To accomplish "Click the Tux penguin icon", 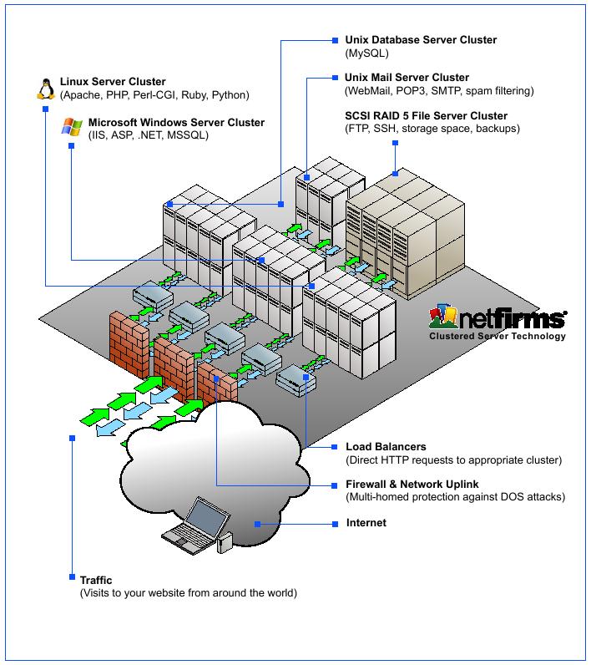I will tap(44, 88).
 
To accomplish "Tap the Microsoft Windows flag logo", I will tap(73, 128).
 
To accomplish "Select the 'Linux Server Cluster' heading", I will tap(113, 82).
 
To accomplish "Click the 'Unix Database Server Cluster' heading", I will tap(421, 39).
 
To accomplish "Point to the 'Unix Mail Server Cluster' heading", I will tap(407, 78).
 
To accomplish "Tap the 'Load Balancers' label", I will tap(386, 447).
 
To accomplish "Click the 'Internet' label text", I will tap(366, 523).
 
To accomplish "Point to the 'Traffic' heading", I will tap(96, 580).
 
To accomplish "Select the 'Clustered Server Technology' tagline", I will tap(497, 337).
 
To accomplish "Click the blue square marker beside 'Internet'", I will tap(257, 524).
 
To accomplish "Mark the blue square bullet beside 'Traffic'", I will tap(72, 576).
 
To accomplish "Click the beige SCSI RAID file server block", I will tap(409, 234).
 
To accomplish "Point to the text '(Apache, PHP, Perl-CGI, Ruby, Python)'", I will tap(154, 95).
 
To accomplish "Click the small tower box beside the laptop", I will tap(224, 543).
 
